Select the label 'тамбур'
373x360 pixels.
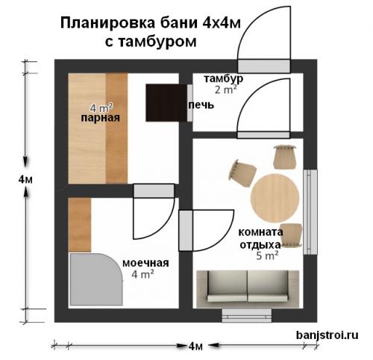pos(223,78)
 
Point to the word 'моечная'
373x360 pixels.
pos(145,263)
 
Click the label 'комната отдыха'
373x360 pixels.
pos(260,238)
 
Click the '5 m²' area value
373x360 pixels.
pos(267,255)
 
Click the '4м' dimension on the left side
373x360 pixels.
pos(27,180)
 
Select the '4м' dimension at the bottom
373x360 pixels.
pos(196,346)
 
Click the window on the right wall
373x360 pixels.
pos(310,211)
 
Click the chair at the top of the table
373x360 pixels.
pos(284,156)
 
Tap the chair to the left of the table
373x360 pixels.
pos(241,172)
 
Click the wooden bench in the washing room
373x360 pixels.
pos(79,224)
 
